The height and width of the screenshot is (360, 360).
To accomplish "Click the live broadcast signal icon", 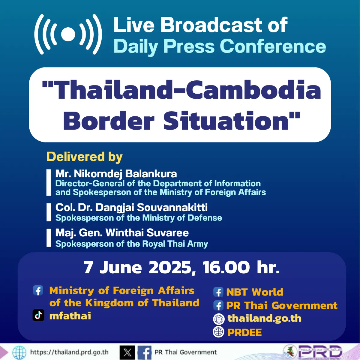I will (68, 34).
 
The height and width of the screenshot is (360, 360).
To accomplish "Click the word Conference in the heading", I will (273, 46).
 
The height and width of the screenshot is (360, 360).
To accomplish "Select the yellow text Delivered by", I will (85, 157).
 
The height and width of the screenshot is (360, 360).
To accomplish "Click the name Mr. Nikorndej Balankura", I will (116, 174).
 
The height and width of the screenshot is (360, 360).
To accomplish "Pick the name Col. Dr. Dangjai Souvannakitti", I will (131, 207).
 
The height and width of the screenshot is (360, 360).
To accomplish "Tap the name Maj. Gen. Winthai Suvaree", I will (122, 233).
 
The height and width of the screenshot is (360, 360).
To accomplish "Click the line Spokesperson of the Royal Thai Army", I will (131, 244).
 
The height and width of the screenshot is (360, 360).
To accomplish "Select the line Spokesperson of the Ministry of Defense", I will (139, 218).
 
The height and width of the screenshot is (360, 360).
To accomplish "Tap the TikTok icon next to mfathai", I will (38, 315).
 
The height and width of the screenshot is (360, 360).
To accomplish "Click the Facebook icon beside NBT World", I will (218, 292).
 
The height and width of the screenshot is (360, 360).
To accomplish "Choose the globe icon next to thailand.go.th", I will (219, 319).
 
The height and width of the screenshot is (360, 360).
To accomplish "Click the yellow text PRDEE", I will (244, 332).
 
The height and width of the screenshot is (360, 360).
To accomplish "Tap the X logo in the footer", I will (127, 352).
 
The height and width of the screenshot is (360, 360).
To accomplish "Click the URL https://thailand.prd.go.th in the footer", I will (69, 352).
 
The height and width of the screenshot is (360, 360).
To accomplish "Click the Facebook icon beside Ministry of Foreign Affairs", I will (38, 290).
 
